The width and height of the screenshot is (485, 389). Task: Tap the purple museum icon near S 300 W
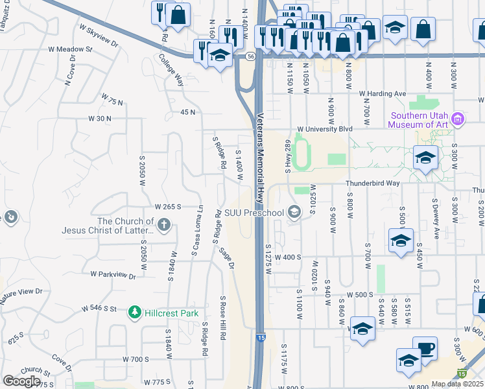458,119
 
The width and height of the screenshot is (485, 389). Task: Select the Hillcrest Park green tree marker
135,312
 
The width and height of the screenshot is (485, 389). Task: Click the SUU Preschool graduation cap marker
294,213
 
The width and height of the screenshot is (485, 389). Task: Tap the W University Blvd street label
325,129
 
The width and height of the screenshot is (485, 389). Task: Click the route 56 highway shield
250,57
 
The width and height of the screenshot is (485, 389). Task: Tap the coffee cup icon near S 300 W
425,349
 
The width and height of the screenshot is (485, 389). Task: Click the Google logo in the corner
21,381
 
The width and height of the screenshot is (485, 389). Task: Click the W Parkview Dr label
113,275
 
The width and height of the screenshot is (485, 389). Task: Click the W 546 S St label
99,311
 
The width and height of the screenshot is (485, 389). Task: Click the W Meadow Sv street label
75,49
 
